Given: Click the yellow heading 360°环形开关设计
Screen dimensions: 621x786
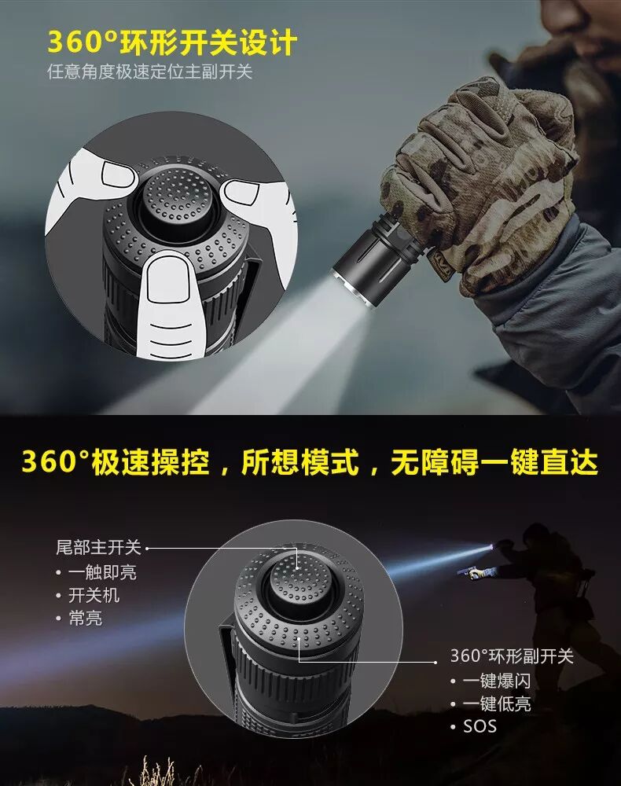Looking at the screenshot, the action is click(172, 42).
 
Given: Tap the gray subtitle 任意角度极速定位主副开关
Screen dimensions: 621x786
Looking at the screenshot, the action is click(149, 72).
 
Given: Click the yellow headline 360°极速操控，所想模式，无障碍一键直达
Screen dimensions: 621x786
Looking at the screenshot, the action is click(310, 461).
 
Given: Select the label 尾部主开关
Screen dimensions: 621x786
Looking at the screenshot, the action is click(99, 547).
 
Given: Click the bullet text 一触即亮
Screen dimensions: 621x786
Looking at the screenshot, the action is click(102, 572).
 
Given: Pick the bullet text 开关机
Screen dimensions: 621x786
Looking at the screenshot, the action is click(94, 595).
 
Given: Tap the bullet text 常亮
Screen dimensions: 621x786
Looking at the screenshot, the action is click(85, 618).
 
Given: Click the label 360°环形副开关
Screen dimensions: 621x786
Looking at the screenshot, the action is click(511, 656).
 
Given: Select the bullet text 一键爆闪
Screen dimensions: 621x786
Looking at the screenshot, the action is click(496, 681).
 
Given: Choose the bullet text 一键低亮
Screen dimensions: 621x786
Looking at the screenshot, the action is click(496, 703).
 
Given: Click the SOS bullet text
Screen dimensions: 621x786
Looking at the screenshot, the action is click(480, 726).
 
